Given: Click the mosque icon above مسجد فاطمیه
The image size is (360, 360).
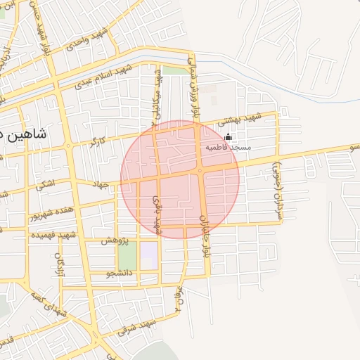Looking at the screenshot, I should pyautogui.click(x=227, y=137).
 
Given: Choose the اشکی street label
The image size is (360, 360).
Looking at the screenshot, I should pyautogui.click(x=45, y=186).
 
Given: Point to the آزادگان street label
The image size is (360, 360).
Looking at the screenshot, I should pyautogui.click(x=58, y=264).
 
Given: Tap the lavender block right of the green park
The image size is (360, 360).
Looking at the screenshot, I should pyautogui.click(x=150, y=255).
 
